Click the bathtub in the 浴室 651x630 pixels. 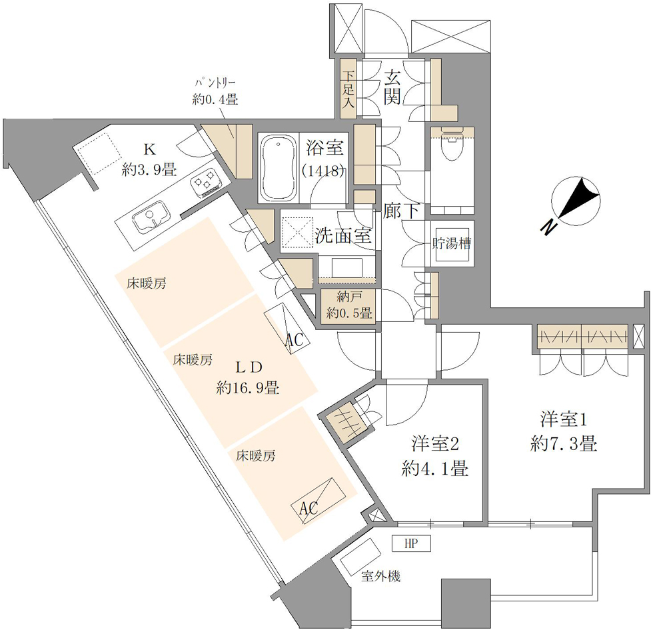(278, 168)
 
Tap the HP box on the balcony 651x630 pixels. (410, 543)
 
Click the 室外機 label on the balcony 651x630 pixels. (380, 576)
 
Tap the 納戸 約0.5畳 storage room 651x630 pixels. (348, 305)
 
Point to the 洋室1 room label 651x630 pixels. (564, 419)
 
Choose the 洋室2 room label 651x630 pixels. (434, 443)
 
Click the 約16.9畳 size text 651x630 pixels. (248, 388)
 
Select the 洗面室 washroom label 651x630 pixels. (343, 235)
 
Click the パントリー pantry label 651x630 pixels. (215, 83)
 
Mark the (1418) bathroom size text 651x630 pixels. (323, 171)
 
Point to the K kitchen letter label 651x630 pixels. (149, 148)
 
